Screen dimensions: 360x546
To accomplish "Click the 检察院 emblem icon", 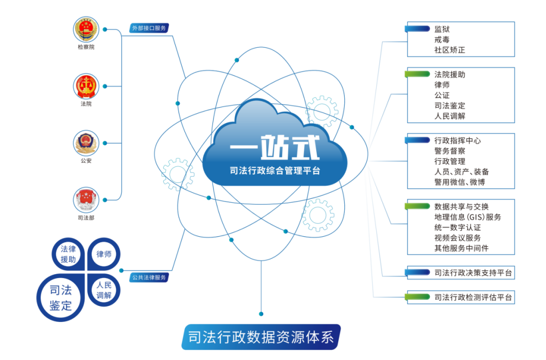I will [86, 30].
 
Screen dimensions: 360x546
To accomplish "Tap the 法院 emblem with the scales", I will [86, 86].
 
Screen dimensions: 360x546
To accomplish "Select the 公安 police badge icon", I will [86, 143].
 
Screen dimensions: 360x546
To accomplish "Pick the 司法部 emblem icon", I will [86, 200].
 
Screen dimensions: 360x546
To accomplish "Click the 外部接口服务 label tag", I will [149, 28].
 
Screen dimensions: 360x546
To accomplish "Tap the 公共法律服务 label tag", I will [149, 277].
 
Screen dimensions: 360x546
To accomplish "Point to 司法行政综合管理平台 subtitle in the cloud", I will [275, 171].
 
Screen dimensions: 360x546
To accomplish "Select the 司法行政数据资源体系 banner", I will [261, 337].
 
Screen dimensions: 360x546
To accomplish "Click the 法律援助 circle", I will [68, 254].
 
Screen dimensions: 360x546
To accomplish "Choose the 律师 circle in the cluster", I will [104, 254].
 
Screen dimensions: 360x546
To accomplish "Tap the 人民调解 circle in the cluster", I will [104, 290].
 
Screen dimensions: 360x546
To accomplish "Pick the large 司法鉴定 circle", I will [61, 297].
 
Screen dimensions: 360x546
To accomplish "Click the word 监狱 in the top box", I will [442, 30].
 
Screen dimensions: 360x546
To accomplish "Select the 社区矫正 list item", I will [449, 50].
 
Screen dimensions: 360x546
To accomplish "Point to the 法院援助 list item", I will [449, 75].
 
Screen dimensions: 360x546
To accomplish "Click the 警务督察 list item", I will [449, 151].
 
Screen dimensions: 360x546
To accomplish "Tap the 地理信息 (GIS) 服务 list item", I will [468, 217].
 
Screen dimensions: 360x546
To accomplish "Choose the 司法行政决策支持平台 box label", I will [473, 272].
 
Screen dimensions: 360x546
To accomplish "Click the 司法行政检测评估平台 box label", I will [473, 297].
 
